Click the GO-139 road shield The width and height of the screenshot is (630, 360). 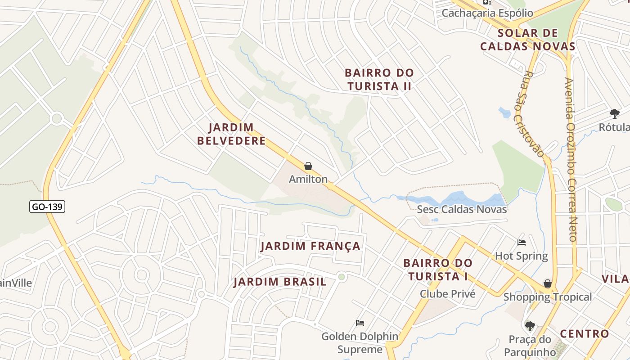[x=47, y=207]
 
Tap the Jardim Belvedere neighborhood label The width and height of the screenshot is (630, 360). [x=232, y=134]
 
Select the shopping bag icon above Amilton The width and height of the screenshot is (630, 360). [x=308, y=166]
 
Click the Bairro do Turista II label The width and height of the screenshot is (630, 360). [x=379, y=79]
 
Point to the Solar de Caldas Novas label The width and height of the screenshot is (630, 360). [x=528, y=40]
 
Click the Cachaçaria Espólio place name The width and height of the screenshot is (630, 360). [x=487, y=13]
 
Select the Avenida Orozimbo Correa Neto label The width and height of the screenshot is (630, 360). [x=571, y=160]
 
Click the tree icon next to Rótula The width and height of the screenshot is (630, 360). [x=615, y=113]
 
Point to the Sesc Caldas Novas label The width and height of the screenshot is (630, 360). [x=462, y=209]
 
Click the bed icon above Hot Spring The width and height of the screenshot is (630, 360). [x=522, y=243]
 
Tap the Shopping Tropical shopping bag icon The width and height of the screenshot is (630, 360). [x=548, y=283]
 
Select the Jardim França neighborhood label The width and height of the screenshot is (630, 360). [x=310, y=246]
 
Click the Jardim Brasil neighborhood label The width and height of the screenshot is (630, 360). [x=280, y=282]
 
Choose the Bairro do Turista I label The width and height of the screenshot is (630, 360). [x=438, y=269]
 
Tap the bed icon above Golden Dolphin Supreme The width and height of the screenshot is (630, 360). [x=360, y=323]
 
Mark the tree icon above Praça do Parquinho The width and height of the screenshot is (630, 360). [x=530, y=325]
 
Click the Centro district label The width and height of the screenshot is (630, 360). [x=584, y=334]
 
